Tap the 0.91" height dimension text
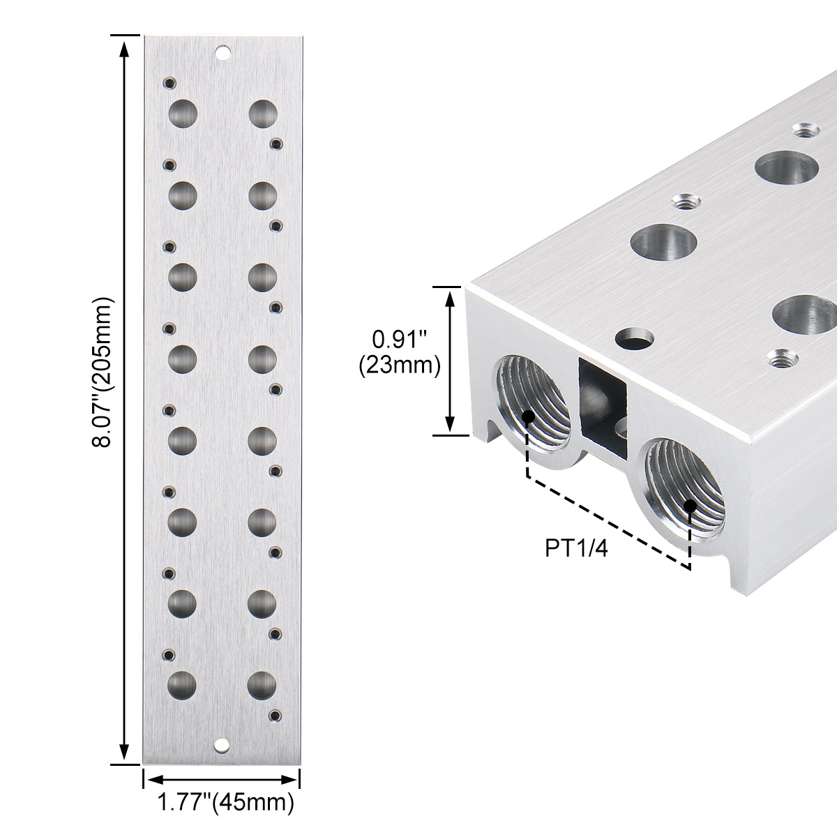[x=400, y=340]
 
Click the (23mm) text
[x=400, y=365]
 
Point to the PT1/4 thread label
[x=576, y=548]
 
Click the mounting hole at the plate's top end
[x=223, y=53]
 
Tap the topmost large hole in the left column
[x=183, y=114]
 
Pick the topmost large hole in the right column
[x=263, y=114]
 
